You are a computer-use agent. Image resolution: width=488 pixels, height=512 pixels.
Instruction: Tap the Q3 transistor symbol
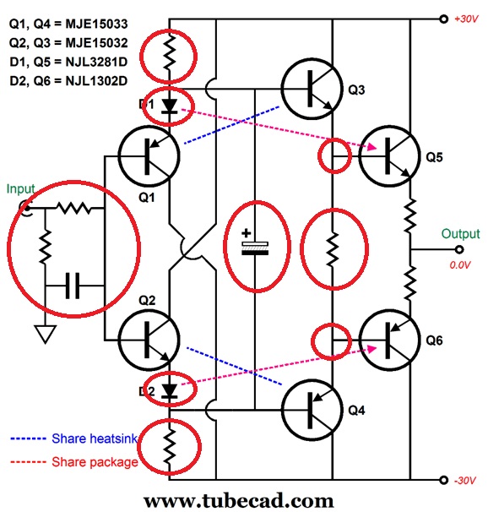312,88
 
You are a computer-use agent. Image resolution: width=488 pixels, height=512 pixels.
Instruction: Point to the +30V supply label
465,19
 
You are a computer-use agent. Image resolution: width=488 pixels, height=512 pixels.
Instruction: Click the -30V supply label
465,480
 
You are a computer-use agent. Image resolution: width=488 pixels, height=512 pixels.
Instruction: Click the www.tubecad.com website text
245,500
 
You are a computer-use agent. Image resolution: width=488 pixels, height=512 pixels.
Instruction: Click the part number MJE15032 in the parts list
106,41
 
